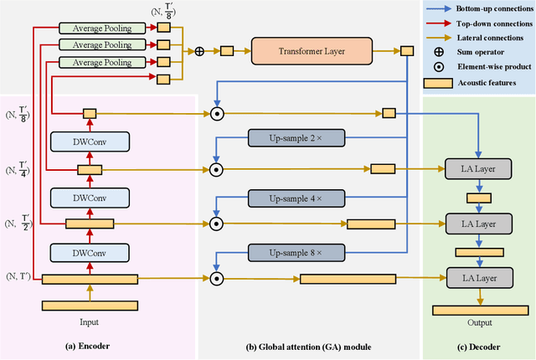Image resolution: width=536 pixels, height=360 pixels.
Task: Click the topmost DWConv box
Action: click(89, 141)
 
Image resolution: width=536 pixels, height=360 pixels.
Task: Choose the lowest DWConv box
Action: click(89, 252)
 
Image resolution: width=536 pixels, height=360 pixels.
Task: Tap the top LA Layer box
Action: click(478, 170)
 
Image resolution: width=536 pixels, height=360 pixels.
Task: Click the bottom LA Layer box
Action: click(478, 277)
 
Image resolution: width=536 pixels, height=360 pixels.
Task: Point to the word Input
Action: click(89, 321)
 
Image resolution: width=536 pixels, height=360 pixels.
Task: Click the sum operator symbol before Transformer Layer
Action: click(199, 51)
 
